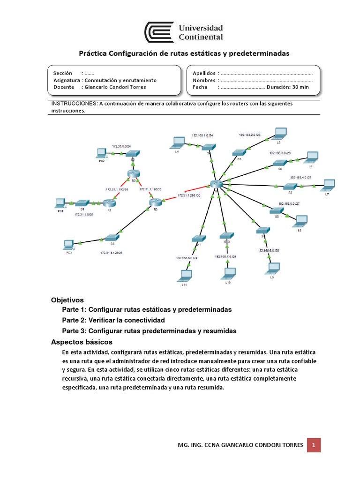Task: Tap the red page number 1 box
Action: [314, 444]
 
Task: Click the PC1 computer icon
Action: [60, 202]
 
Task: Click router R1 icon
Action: [109, 202]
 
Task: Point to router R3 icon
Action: [155, 202]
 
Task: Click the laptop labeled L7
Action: [330, 184]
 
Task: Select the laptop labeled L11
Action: [186, 274]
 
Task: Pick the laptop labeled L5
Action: [280, 133]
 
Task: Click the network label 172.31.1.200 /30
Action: [189, 195]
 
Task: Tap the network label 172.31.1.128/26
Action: [111, 253]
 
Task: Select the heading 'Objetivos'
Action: [67, 300]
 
